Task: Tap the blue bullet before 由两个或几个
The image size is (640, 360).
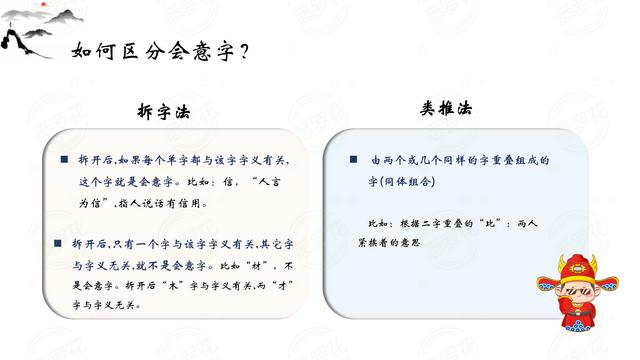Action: click(x=353, y=160)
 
